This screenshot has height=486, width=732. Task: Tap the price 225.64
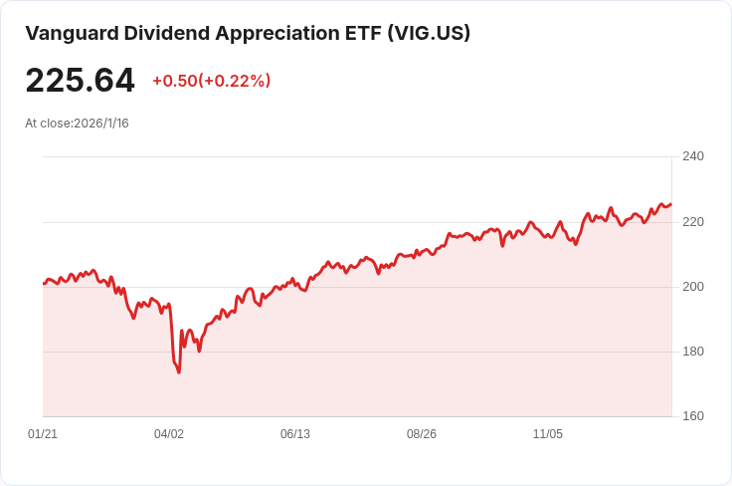(x=80, y=81)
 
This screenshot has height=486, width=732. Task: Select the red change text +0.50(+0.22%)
(x=211, y=81)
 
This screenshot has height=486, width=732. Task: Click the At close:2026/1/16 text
(x=77, y=123)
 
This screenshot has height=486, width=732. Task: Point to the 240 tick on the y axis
(x=693, y=156)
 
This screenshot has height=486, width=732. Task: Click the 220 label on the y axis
(x=693, y=221)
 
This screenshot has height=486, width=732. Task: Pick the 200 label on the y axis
(x=693, y=287)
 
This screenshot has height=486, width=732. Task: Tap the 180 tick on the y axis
(x=693, y=352)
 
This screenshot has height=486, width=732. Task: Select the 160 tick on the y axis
(x=693, y=416)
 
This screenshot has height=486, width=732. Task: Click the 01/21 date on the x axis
(x=43, y=434)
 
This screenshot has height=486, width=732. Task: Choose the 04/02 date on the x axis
(x=169, y=434)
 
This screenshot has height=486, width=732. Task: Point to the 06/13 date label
(x=295, y=434)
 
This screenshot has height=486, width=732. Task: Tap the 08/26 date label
(x=422, y=434)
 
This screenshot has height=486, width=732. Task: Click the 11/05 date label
(x=548, y=434)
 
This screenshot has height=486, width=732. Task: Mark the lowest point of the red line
(x=179, y=372)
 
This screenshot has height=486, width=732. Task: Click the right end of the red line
(x=670, y=204)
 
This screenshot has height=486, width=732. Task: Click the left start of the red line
(x=44, y=284)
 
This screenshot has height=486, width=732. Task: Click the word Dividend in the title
(x=170, y=33)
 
